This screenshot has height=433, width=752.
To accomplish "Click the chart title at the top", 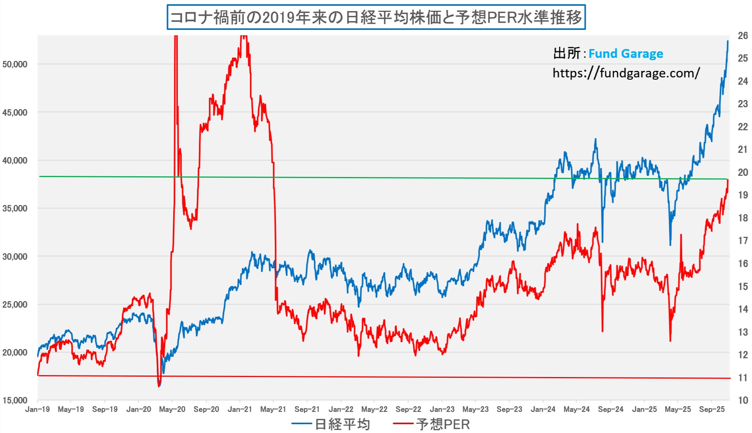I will [376, 17].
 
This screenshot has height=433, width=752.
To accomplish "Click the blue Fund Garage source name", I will [626, 54].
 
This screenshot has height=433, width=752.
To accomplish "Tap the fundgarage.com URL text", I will [626, 73].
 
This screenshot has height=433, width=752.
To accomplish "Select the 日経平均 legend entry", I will [342, 424].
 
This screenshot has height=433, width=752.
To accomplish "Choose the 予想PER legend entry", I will [442, 424].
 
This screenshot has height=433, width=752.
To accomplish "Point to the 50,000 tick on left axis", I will [15, 64].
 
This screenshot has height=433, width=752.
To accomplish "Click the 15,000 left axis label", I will [15, 400].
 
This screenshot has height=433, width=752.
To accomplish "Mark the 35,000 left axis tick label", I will [15, 208].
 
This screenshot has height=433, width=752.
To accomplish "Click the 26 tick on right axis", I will [743, 36].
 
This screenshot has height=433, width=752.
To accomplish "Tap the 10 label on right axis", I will [743, 400].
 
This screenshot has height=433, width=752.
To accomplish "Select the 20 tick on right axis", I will [743, 172].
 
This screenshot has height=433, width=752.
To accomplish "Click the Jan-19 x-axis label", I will [38, 409].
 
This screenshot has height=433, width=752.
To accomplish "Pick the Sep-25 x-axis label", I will [711, 409].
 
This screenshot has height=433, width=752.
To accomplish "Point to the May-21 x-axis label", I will [273, 409].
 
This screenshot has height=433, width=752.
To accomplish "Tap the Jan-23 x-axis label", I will [442, 409].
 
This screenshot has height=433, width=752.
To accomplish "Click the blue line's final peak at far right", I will [728, 41].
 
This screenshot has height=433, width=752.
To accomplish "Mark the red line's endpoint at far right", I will [728, 180].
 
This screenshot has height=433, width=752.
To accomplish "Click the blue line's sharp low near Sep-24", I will [602, 242].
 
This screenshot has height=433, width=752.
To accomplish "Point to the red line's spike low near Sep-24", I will [602, 331].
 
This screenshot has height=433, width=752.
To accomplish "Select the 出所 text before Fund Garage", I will [566, 54].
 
